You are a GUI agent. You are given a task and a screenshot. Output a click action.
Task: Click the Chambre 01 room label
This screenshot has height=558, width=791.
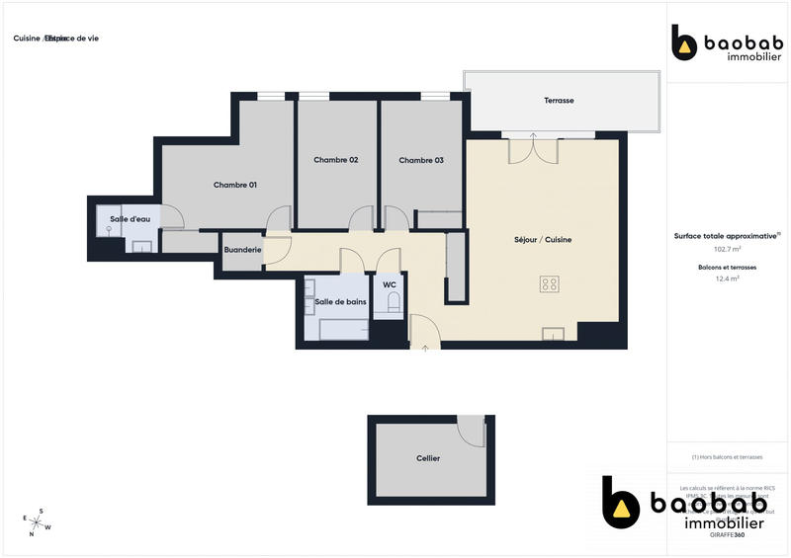point(235,185)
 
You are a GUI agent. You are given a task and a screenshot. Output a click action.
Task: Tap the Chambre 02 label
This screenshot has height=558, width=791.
point(335,160)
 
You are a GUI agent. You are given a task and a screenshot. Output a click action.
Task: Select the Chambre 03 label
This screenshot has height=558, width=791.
point(421,160)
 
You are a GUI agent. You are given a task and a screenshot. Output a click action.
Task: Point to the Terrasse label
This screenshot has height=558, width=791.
point(559,101)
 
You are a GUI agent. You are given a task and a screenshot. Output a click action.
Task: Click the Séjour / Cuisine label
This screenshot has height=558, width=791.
point(543,240)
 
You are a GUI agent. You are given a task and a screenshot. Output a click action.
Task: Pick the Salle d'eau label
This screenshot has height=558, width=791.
point(128,219)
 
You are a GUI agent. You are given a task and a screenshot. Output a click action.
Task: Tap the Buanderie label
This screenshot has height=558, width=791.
point(242,250)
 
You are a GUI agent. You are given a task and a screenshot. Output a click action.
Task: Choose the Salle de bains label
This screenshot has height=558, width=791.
point(339,301)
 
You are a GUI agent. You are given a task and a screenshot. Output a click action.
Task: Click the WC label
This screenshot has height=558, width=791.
point(390,286)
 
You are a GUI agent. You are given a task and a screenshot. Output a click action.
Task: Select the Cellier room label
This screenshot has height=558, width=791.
point(428,458)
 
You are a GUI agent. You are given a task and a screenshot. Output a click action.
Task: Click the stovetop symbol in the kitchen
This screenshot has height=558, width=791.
point(550,284)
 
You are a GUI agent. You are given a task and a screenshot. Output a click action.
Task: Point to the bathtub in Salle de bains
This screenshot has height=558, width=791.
point(342,329)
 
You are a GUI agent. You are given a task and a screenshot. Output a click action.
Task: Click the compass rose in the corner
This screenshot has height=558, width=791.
point(36,521)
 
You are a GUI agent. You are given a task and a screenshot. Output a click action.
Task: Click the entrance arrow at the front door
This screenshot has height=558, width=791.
point(425,347)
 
